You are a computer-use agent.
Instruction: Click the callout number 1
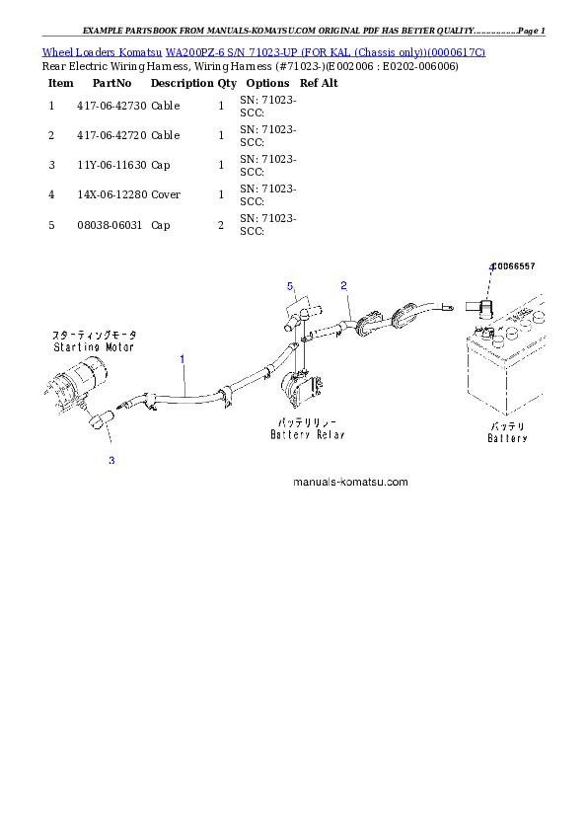(183, 360)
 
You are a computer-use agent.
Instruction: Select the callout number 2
(343, 286)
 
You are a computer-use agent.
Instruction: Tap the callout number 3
(111, 460)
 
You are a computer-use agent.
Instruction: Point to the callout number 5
(291, 286)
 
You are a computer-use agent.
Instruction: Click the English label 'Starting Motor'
(95, 347)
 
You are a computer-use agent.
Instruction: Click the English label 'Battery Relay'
(306, 434)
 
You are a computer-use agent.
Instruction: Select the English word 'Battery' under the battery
(508, 438)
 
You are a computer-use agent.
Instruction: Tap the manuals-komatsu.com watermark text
(350, 483)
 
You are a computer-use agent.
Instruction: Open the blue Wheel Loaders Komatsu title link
(263, 51)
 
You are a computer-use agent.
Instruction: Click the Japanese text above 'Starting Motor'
(95, 336)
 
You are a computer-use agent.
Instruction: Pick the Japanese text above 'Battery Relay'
(306, 422)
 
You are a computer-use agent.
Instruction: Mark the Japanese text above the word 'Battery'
(508, 426)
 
